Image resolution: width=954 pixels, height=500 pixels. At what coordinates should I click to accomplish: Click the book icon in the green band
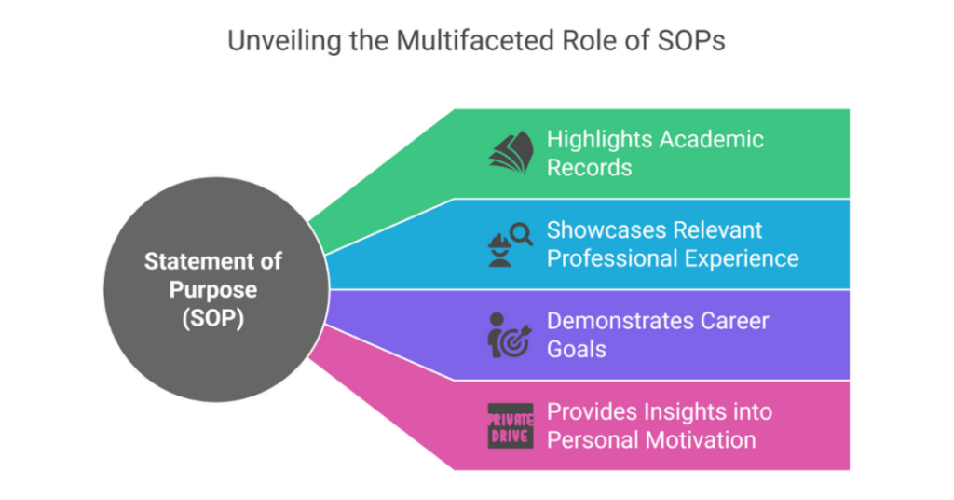510,153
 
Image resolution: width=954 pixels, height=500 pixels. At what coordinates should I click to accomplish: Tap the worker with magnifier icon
509,244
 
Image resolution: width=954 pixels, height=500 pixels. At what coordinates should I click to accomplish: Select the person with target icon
509,335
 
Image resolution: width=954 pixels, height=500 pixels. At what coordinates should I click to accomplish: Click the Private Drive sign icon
511,425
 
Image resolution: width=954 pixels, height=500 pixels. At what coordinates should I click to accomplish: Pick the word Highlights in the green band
599,140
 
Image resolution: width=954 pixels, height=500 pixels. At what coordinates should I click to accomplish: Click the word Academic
712,140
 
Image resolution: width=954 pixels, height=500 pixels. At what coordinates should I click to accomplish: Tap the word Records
589,168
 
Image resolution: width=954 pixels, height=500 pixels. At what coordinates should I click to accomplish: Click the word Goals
577,349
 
